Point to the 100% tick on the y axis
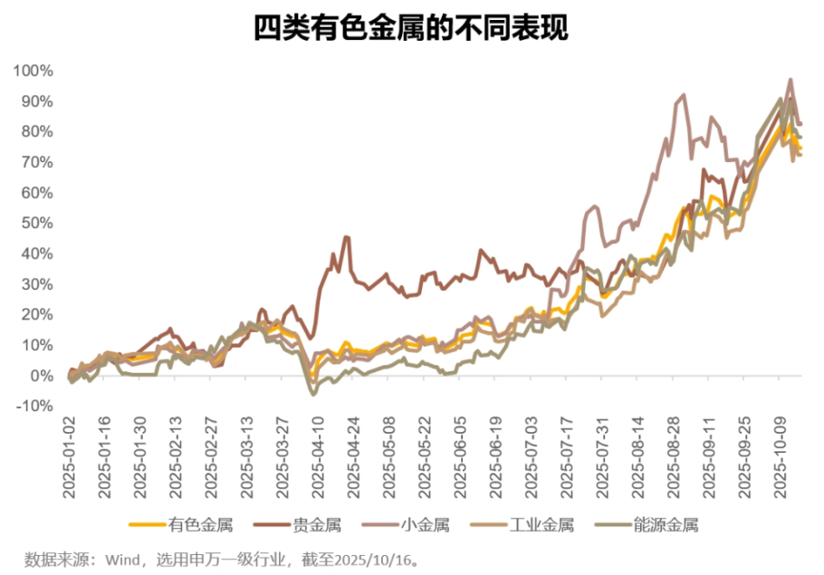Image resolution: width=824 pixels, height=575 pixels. coord(34,71)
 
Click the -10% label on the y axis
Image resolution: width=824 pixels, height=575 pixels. coord(34,407)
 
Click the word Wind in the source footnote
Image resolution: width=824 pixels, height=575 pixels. coord(122,556)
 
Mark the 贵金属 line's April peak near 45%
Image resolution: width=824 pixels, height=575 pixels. coord(346,237)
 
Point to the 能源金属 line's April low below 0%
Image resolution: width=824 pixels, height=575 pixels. coord(314,394)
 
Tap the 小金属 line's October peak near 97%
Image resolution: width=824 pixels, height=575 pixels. coord(790,80)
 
